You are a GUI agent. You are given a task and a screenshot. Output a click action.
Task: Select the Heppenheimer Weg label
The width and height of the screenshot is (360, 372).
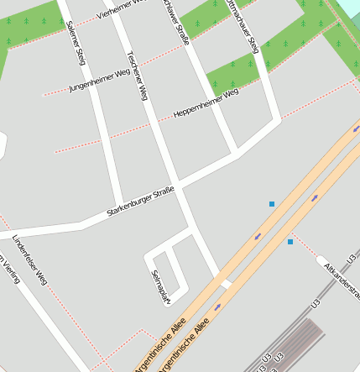click(x=206, y=103)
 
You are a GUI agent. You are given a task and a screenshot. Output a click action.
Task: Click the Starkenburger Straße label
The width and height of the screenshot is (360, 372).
click(x=140, y=203)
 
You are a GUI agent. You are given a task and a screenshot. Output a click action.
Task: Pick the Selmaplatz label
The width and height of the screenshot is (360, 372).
click(x=159, y=286)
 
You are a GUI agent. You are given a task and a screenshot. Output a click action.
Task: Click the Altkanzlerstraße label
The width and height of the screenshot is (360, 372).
click(x=341, y=277)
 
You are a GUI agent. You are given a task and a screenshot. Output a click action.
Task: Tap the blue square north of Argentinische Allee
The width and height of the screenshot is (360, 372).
click(x=272, y=204)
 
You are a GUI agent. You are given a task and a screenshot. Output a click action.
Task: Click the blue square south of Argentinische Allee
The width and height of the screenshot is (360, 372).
click(x=290, y=242)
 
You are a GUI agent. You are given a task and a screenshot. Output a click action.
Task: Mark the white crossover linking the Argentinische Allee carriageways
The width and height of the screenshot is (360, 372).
click(x=225, y=284)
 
